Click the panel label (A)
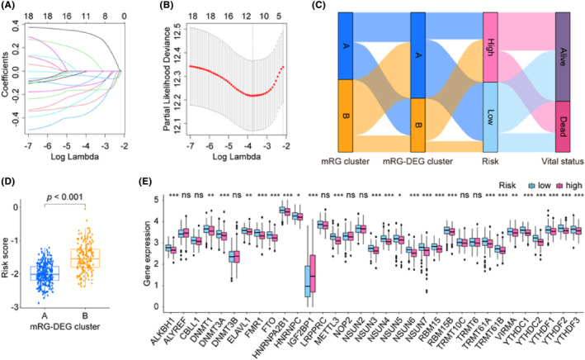(11, 7)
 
